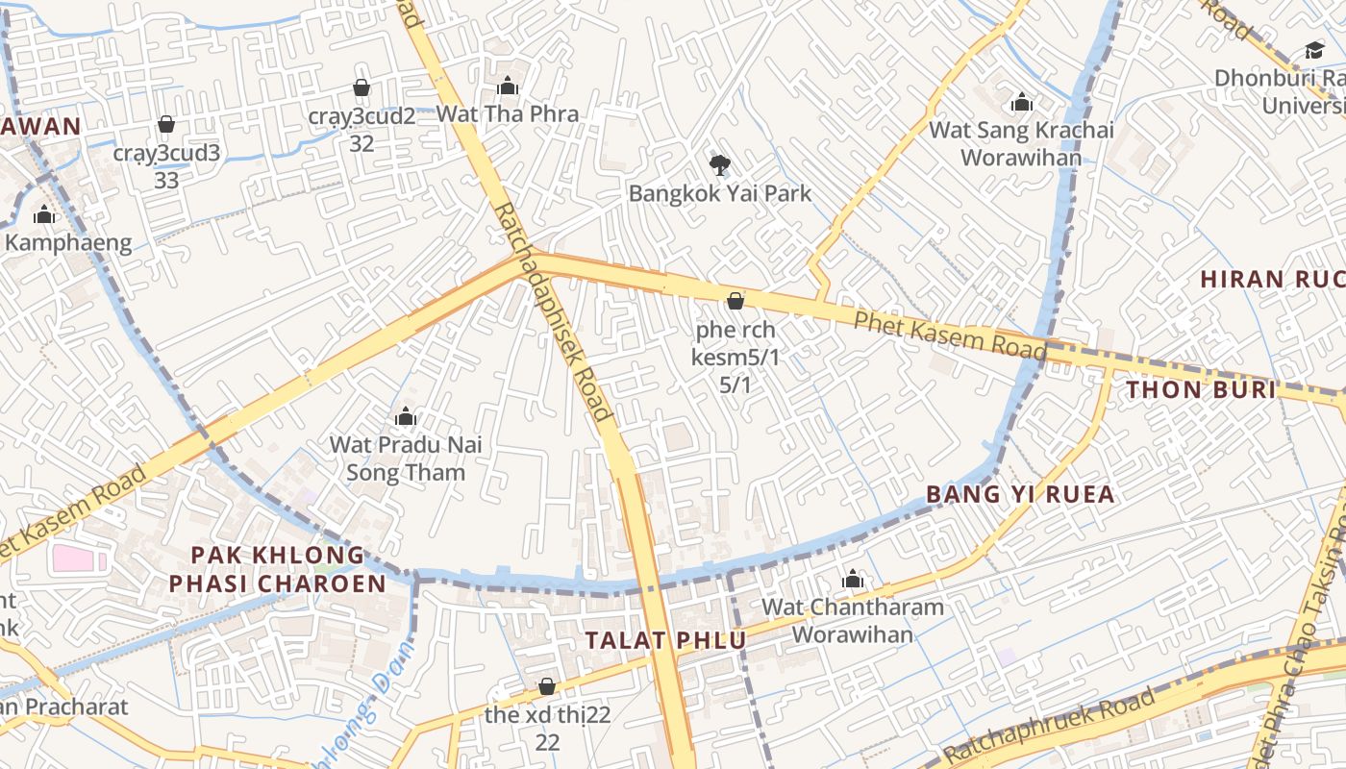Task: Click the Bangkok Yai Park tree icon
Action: tap(719, 164)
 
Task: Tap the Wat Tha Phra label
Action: tap(508, 113)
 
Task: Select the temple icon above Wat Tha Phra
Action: tap(508, 87)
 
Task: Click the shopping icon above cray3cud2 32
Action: tap(361, 87)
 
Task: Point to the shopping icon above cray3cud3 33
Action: tap(166, 124)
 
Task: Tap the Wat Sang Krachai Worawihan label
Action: tap(1021, 143)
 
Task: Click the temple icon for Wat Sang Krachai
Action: tap(1021, 102)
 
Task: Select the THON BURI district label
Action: tap(1201, 389)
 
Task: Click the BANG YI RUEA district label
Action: tap(1020, 494)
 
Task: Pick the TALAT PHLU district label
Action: tap(665, 640)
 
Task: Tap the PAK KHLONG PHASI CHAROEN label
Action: tap(278, 569)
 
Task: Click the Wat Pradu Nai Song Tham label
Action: tap(406, 459)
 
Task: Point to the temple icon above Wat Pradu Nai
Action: tap(405, 416)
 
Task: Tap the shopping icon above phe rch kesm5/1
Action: tap(735, 301)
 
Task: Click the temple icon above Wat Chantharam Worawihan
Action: tap(853, 579)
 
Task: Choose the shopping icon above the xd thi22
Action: tap(547, 686)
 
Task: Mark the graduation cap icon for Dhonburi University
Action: tap(1314, 50)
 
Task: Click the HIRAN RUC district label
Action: tap(1272, 280)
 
